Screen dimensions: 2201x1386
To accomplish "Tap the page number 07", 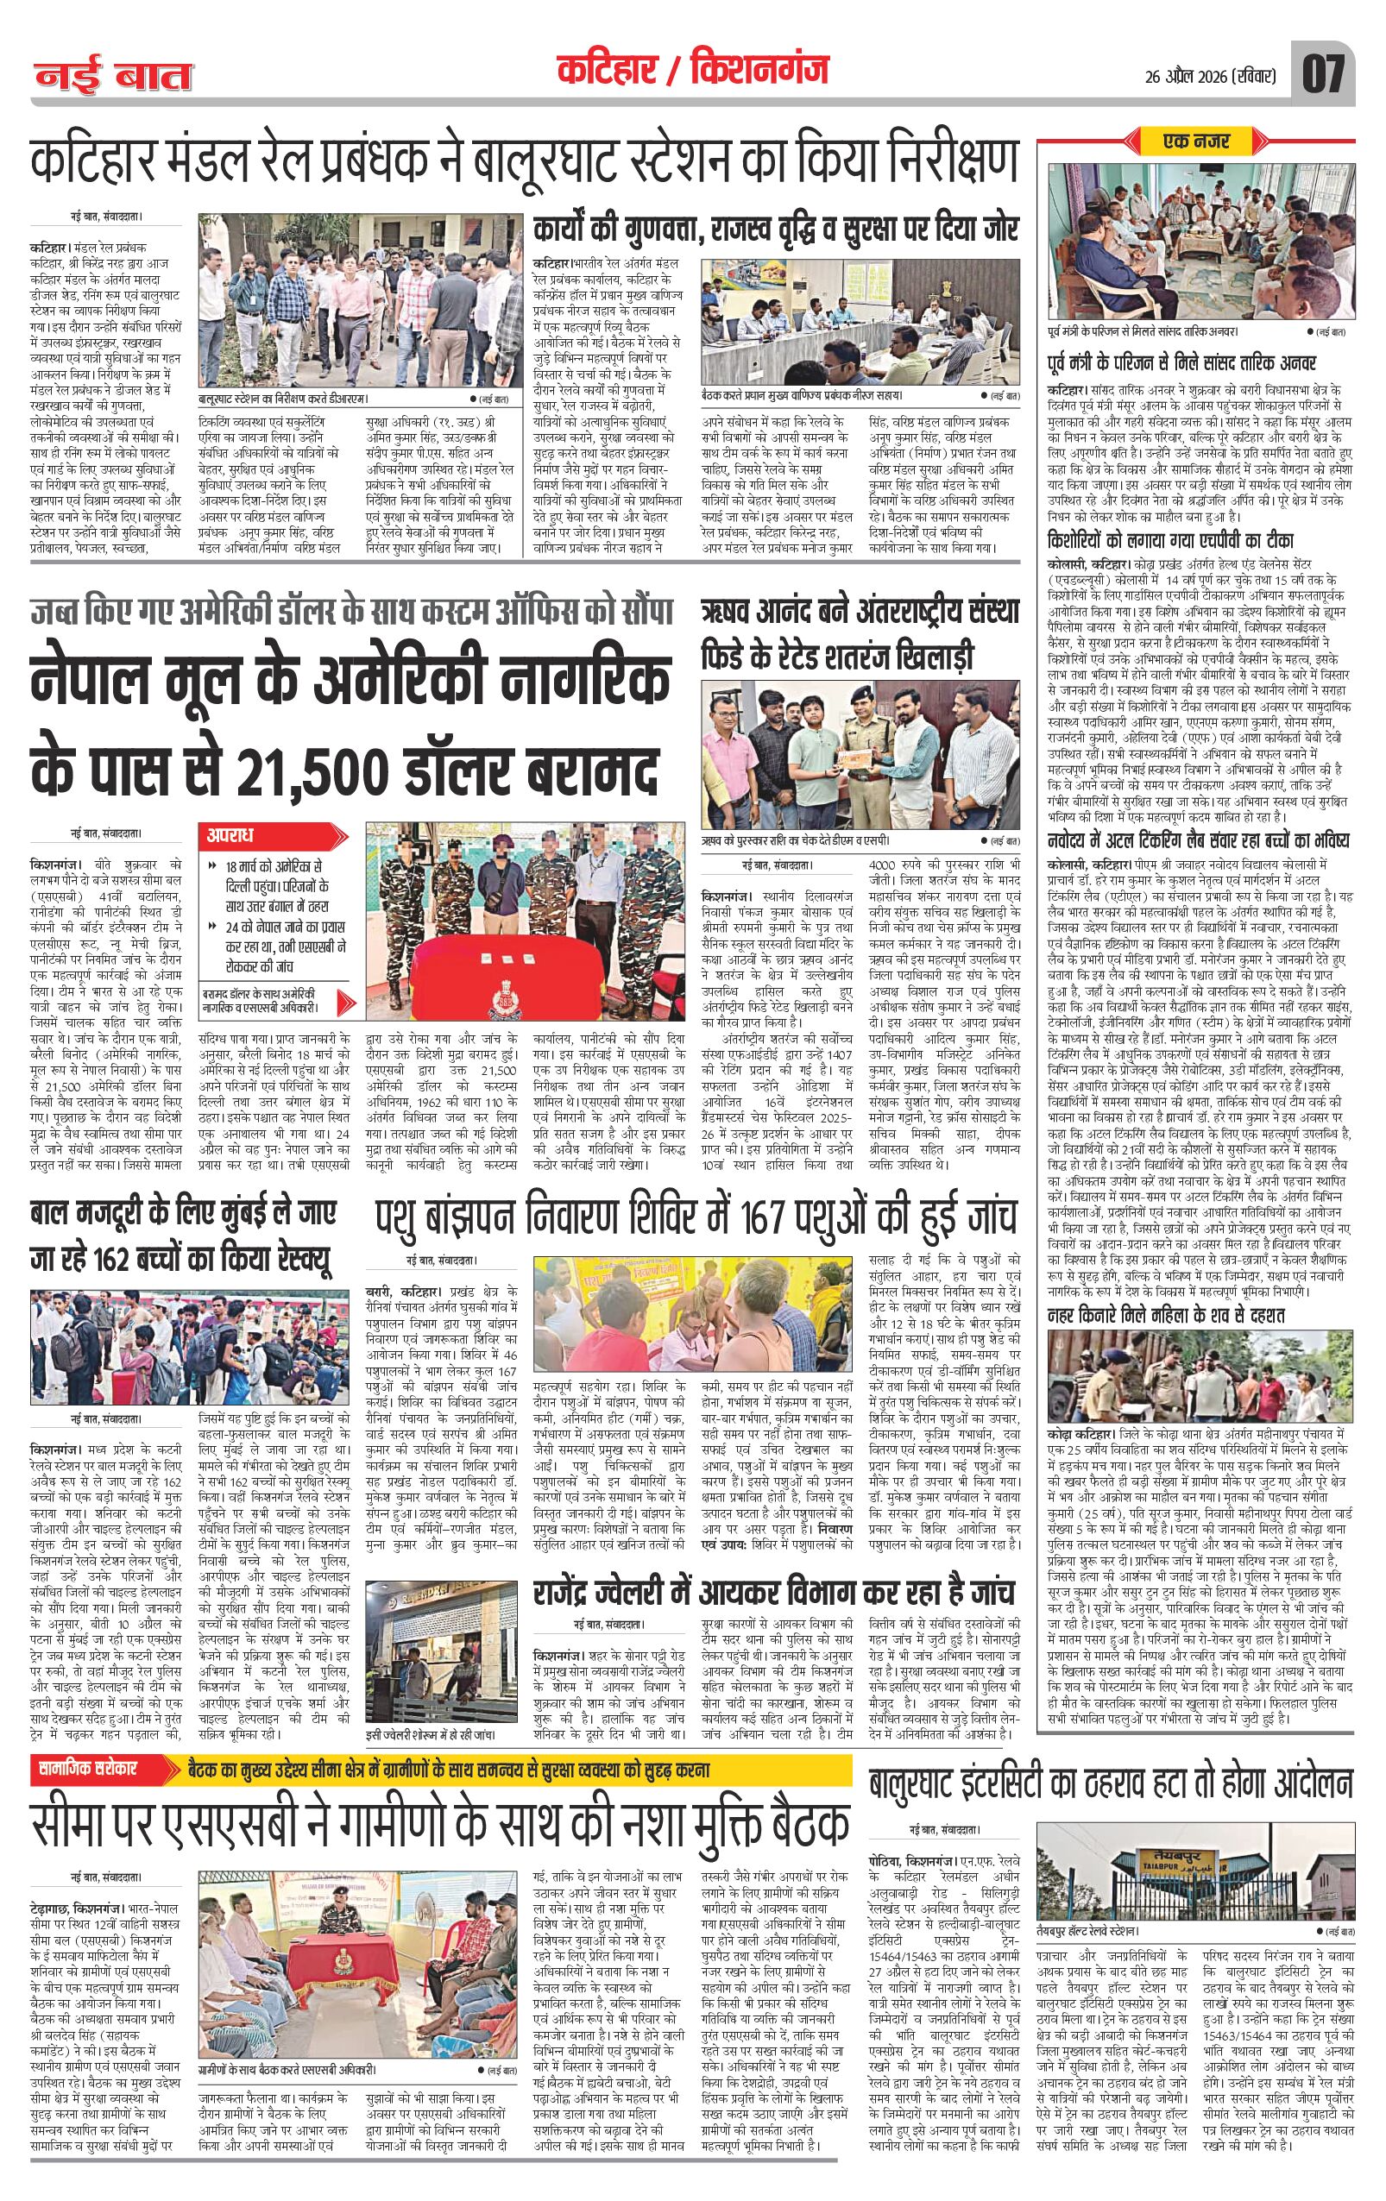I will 1323,73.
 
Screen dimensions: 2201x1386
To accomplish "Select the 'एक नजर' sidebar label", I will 1196,141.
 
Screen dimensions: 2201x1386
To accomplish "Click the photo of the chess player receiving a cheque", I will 860,755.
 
